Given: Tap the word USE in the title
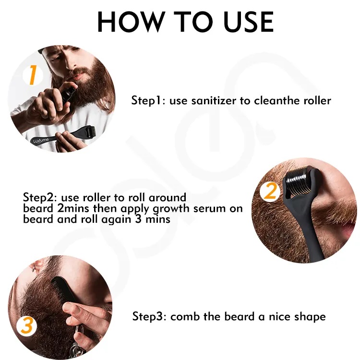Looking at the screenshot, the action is pos(249,22).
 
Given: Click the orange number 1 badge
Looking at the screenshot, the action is pos(33,75).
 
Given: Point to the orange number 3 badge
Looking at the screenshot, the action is pos(26,326).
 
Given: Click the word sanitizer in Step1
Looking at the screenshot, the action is pos(214,101).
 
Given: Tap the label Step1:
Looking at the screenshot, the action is pos(148,101).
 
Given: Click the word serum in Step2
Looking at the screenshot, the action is pos(209,208).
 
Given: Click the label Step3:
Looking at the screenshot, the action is pos(149,316).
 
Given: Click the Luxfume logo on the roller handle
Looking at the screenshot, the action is pos(41,140).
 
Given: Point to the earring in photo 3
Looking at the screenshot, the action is pos(34,268).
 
